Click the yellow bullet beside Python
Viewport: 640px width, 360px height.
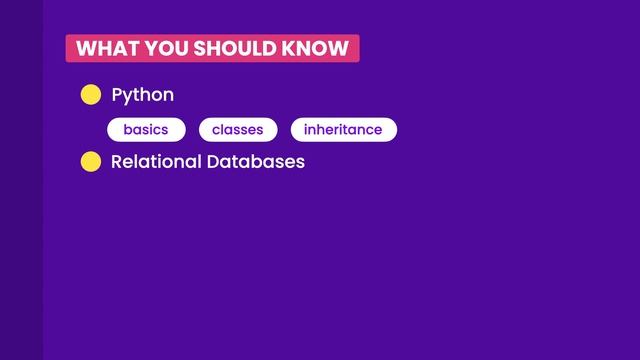pyautogui.click(x=91, y=95)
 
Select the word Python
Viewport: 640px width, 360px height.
pyautogui.click(x=143, y=95)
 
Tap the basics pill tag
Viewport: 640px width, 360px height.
pyautogui.click(x=146, y=130)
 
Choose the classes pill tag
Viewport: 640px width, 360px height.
pyautogui.click(x=238, y=130)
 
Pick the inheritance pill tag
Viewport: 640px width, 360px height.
pyautogui.click(x=343, y=130)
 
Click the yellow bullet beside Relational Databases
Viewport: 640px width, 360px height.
pyautogui.click(x=91, y=161)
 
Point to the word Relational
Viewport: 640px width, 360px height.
pyautogui.click(x=153, y=161)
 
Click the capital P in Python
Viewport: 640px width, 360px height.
pyautogui.click(x=117, y=95)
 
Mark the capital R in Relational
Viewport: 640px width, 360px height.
pyautogui.click(x=117, y=161)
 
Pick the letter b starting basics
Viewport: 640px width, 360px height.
pyautogui.click(x=127, y=130)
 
